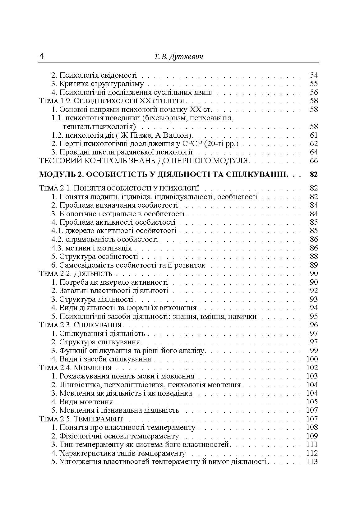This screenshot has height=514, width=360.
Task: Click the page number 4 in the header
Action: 41,57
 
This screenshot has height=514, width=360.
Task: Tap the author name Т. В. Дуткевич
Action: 178,57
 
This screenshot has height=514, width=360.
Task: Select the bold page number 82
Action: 314,175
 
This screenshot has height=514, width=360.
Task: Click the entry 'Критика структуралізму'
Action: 101,84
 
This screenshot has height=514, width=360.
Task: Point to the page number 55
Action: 314,84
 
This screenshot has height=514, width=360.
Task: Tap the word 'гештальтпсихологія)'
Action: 99,127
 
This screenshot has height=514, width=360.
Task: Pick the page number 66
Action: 314,161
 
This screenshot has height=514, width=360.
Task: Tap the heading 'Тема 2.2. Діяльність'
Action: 76,274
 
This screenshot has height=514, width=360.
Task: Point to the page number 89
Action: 314,265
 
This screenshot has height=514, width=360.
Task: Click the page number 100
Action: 312,359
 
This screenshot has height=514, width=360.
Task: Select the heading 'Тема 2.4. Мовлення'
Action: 76,368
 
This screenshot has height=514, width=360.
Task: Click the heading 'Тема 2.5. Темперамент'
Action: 82,419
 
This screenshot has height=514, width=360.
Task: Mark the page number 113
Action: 312,462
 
